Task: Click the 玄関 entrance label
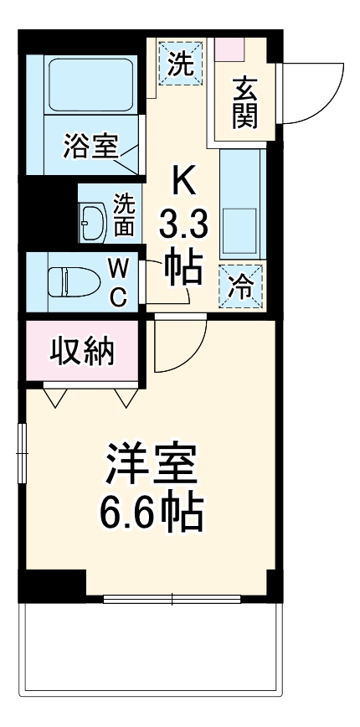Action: point(244,101)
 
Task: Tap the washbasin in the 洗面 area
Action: point(93,222)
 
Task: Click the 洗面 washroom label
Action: point(124,215)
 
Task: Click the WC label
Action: point(119,282)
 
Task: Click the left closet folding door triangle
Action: point(56,396)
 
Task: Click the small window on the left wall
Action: point(22,453)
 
